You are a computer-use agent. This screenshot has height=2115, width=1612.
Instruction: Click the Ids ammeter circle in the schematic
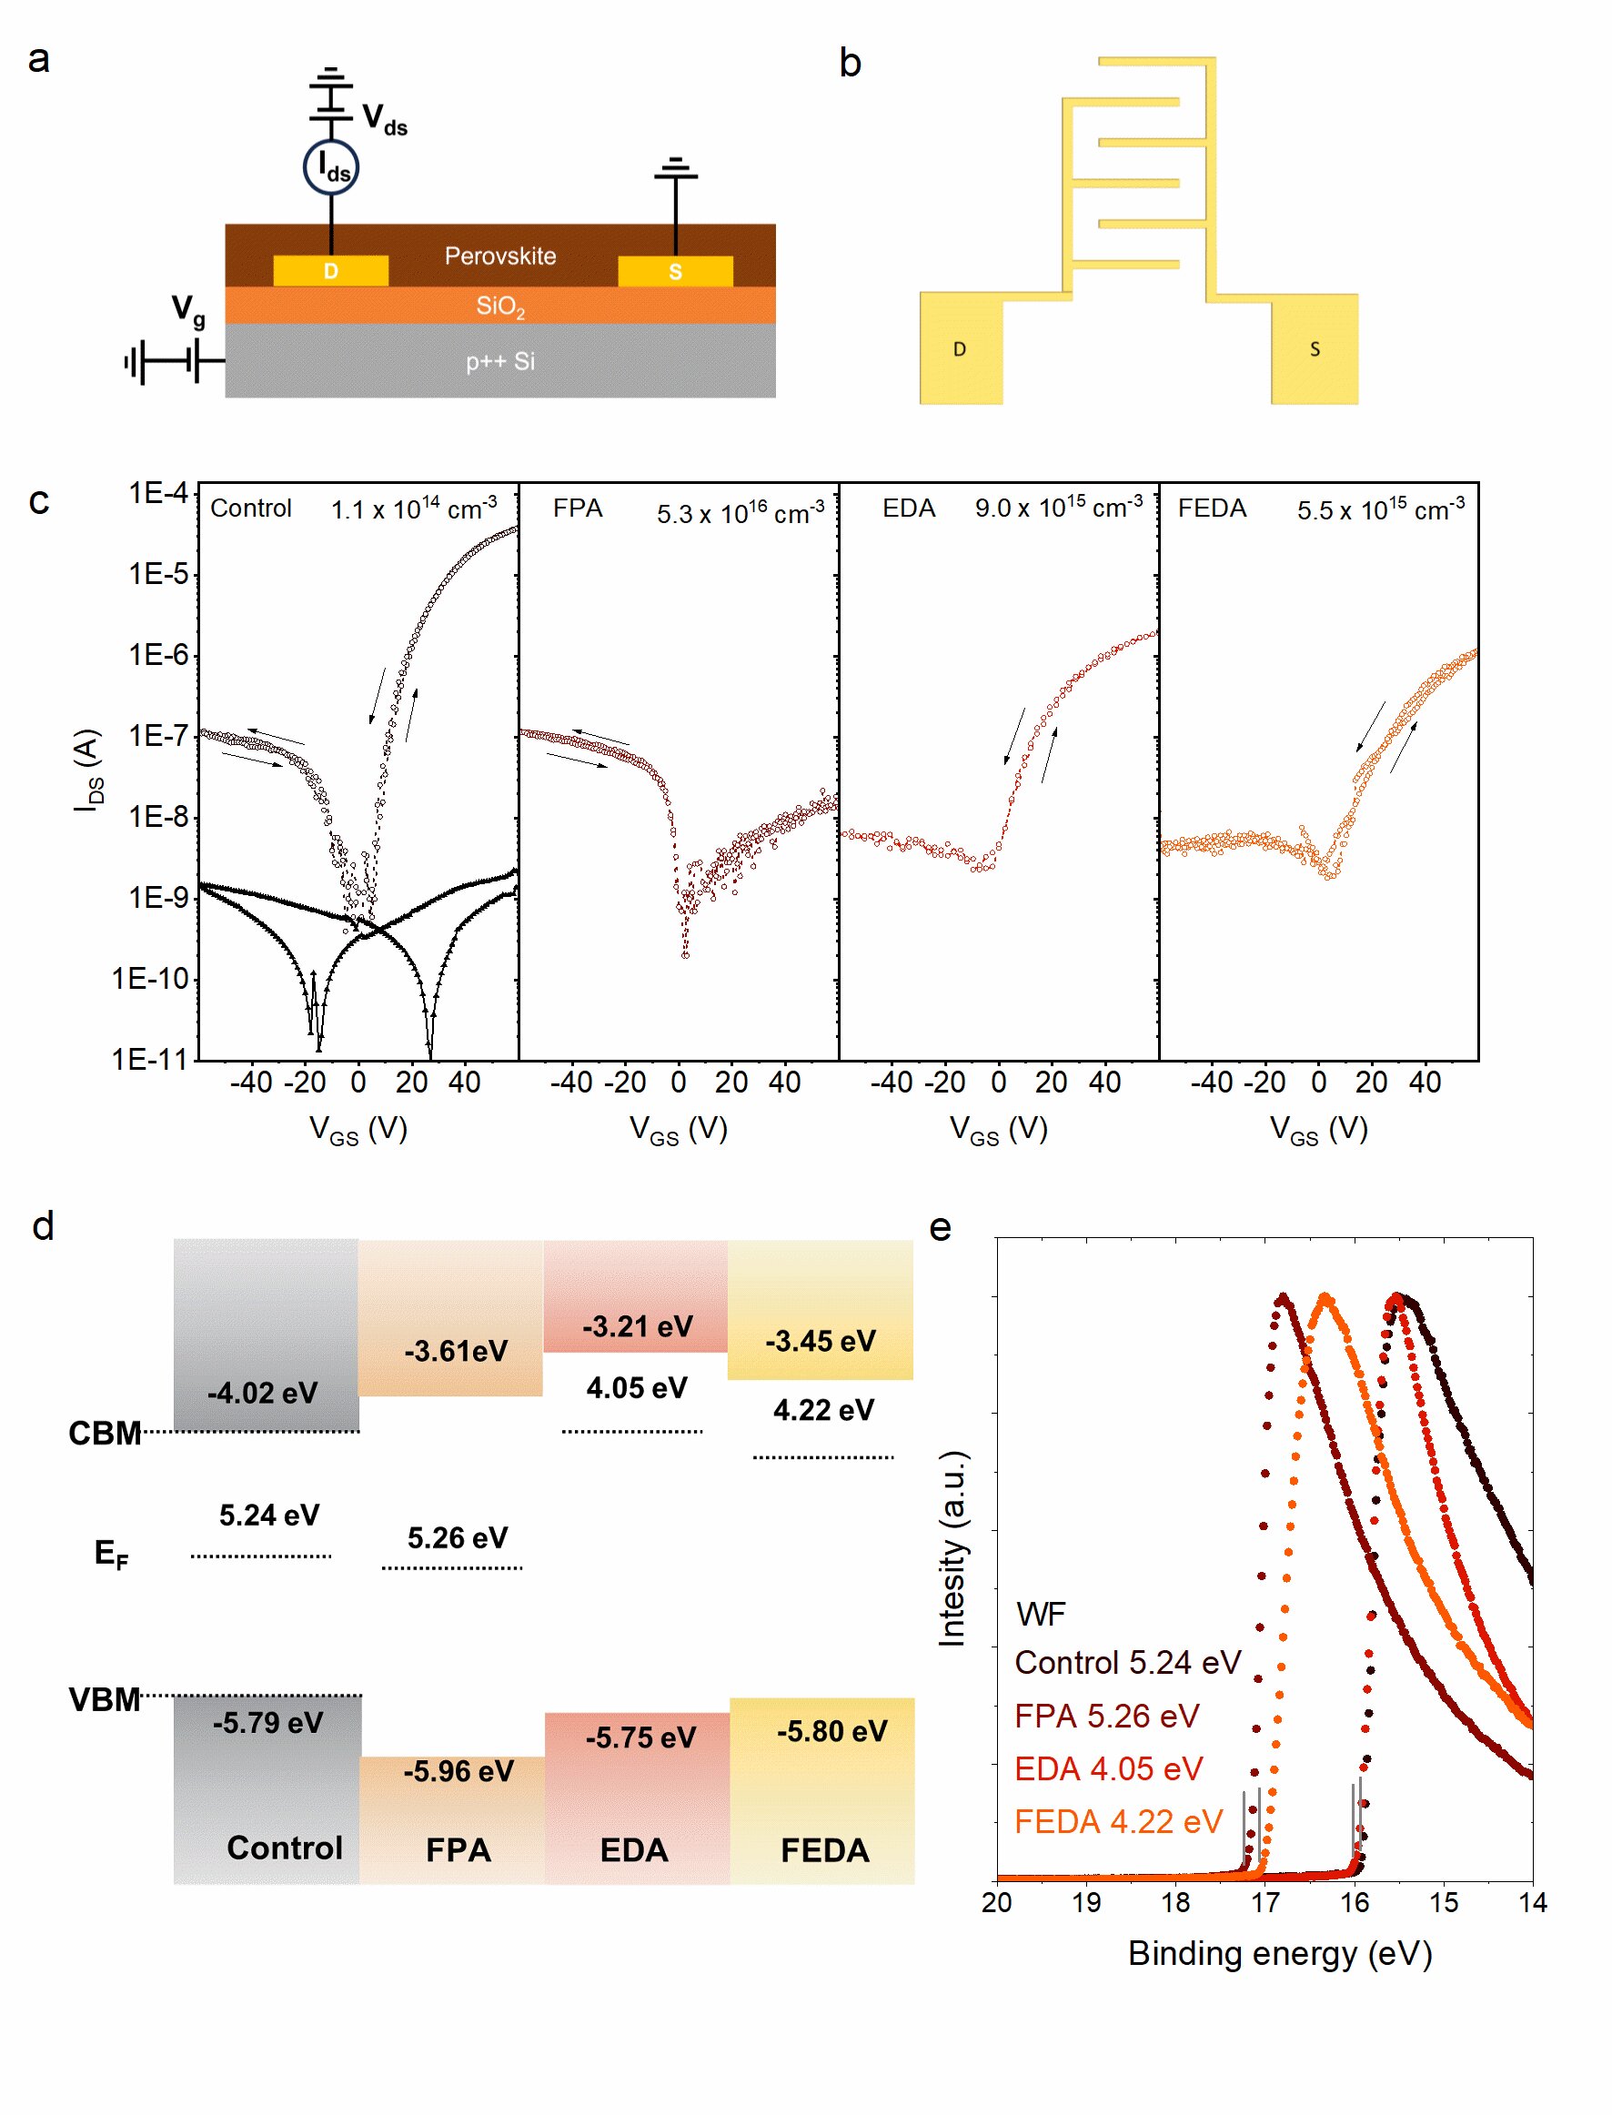click(x=331, y=168)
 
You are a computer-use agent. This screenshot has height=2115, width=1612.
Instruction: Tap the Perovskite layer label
click(x=500, y=257)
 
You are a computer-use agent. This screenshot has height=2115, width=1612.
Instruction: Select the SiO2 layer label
click(x=500, y=307)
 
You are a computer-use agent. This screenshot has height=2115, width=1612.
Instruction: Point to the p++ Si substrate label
click(x=500, y=362)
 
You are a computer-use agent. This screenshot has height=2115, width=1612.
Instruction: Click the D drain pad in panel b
click(x=961, y=349)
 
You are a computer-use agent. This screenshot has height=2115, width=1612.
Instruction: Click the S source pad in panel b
click(x=1315, y=349)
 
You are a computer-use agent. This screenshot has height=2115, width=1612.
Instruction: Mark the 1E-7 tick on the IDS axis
click(x=159, y=736)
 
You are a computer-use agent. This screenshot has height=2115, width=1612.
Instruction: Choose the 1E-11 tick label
click(x=150, y=1060)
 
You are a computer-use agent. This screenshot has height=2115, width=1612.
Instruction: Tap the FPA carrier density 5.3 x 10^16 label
click(x=740, y=512)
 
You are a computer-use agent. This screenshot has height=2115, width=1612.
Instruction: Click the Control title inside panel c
click(x=250, y=508)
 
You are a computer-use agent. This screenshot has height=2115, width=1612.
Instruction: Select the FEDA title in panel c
click(x=1212, y=508)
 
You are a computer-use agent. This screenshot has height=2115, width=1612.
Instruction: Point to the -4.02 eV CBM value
click(x=263, y=1393)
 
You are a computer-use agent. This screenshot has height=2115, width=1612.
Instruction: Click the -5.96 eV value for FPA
click(x=458, y=1770)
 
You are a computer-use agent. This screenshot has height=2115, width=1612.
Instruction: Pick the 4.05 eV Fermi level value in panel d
click(x=637, y=1387)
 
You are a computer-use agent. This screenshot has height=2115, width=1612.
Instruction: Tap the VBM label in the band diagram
click(x=105, y=1699)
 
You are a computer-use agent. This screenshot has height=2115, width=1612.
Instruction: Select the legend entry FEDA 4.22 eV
click(x=1118, y=1821)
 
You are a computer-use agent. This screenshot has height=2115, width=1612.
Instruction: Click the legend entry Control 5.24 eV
click(x=1127, y=1662)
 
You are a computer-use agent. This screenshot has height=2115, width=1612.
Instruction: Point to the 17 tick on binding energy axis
click(x=1264, y=1902)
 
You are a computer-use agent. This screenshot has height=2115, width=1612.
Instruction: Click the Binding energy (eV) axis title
click(x=1279, y=1954)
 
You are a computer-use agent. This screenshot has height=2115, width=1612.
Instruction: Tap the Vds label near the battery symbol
click(x=385, y=119)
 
